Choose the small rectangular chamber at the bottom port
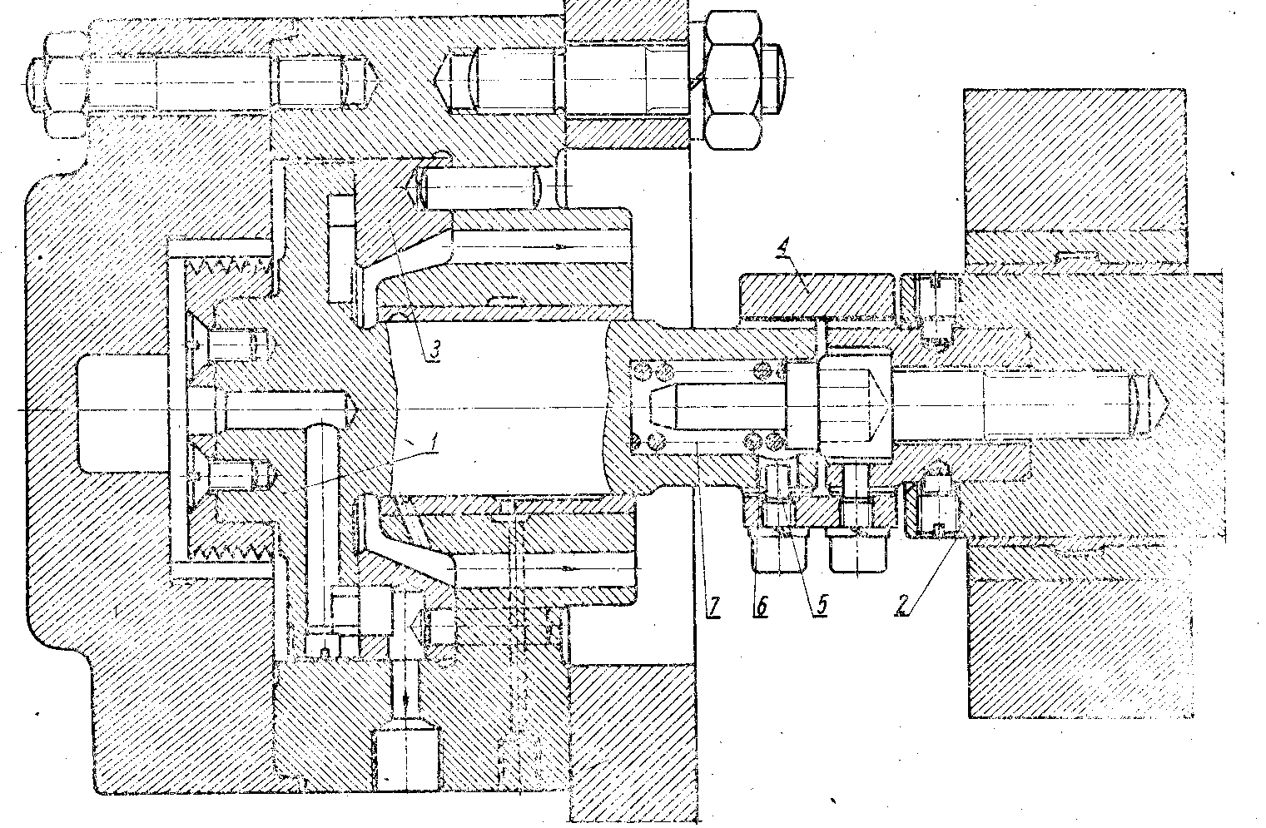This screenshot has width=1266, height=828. coord(406,759)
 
